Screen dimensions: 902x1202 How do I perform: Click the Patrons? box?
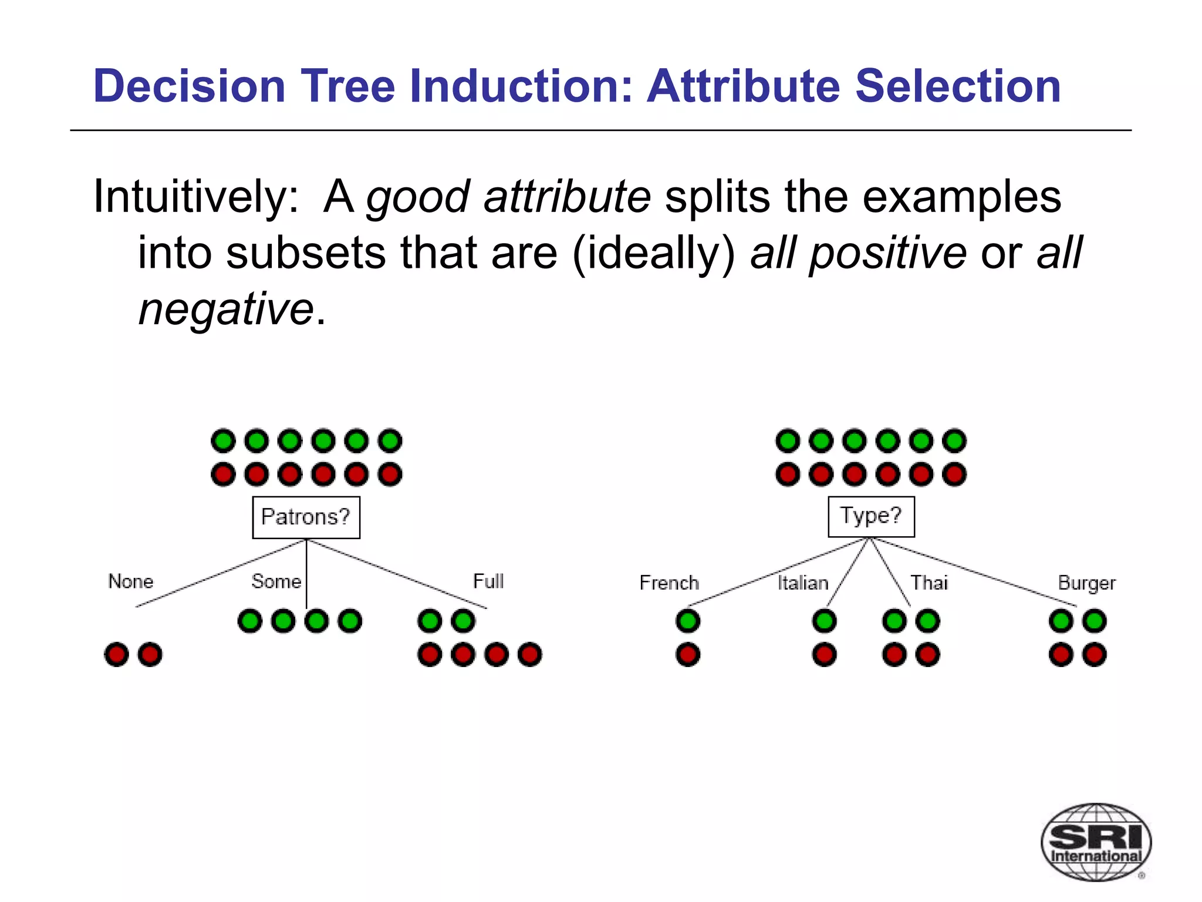306,517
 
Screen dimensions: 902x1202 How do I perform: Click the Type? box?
870,516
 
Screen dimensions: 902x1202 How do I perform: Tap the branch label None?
130,581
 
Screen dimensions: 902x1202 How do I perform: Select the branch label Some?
276,581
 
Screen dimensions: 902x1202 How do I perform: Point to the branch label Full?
488,581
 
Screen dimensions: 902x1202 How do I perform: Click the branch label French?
669,583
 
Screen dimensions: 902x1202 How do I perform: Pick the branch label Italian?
802,583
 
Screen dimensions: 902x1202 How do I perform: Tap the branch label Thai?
928,583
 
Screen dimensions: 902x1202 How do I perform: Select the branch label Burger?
1086,583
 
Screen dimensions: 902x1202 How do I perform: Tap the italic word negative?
226,309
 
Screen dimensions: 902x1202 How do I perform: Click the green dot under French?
688,621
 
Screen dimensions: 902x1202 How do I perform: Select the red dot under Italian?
824,654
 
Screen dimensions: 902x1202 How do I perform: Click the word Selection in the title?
958,86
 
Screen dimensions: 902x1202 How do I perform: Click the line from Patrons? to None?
220,573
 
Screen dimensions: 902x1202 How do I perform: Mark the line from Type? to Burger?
974,572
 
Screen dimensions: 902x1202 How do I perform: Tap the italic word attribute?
567,197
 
